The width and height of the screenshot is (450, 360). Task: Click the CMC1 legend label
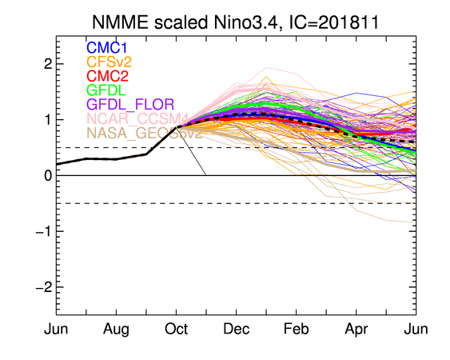(x=106, y=48)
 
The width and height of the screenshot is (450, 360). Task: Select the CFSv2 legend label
(x=109, y=62)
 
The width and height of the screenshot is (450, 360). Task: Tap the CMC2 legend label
(x=107, y=76)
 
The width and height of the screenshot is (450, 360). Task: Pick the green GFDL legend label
(x=106, y=90)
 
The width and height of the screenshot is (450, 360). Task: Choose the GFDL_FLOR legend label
(x=130, y=104)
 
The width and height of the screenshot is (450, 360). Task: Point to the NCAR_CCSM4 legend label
(x=137, y=118)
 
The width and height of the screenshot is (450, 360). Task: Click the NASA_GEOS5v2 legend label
(x=145, y=133)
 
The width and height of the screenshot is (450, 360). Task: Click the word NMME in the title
(x=121, y=22)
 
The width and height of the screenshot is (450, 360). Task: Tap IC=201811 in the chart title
(x=334, y=22)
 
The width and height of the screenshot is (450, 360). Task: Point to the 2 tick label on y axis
(x=48, y=64)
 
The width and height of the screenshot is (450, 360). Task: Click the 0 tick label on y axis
(x=48, y=175)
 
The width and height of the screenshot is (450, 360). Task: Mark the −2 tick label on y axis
(x=44, y=287)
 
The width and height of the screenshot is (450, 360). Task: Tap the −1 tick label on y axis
(x=44, y=231)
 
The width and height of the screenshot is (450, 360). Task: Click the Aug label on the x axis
(x=116, y=330)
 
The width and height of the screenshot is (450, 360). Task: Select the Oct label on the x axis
(x=176, y=329)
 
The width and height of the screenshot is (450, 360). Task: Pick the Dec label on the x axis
(x=237, y=329)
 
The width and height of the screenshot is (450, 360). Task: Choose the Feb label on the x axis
(x=297, y=329)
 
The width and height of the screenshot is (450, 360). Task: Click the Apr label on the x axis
(x=356, y=330)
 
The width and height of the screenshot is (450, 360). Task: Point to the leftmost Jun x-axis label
(x=56, y=329)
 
